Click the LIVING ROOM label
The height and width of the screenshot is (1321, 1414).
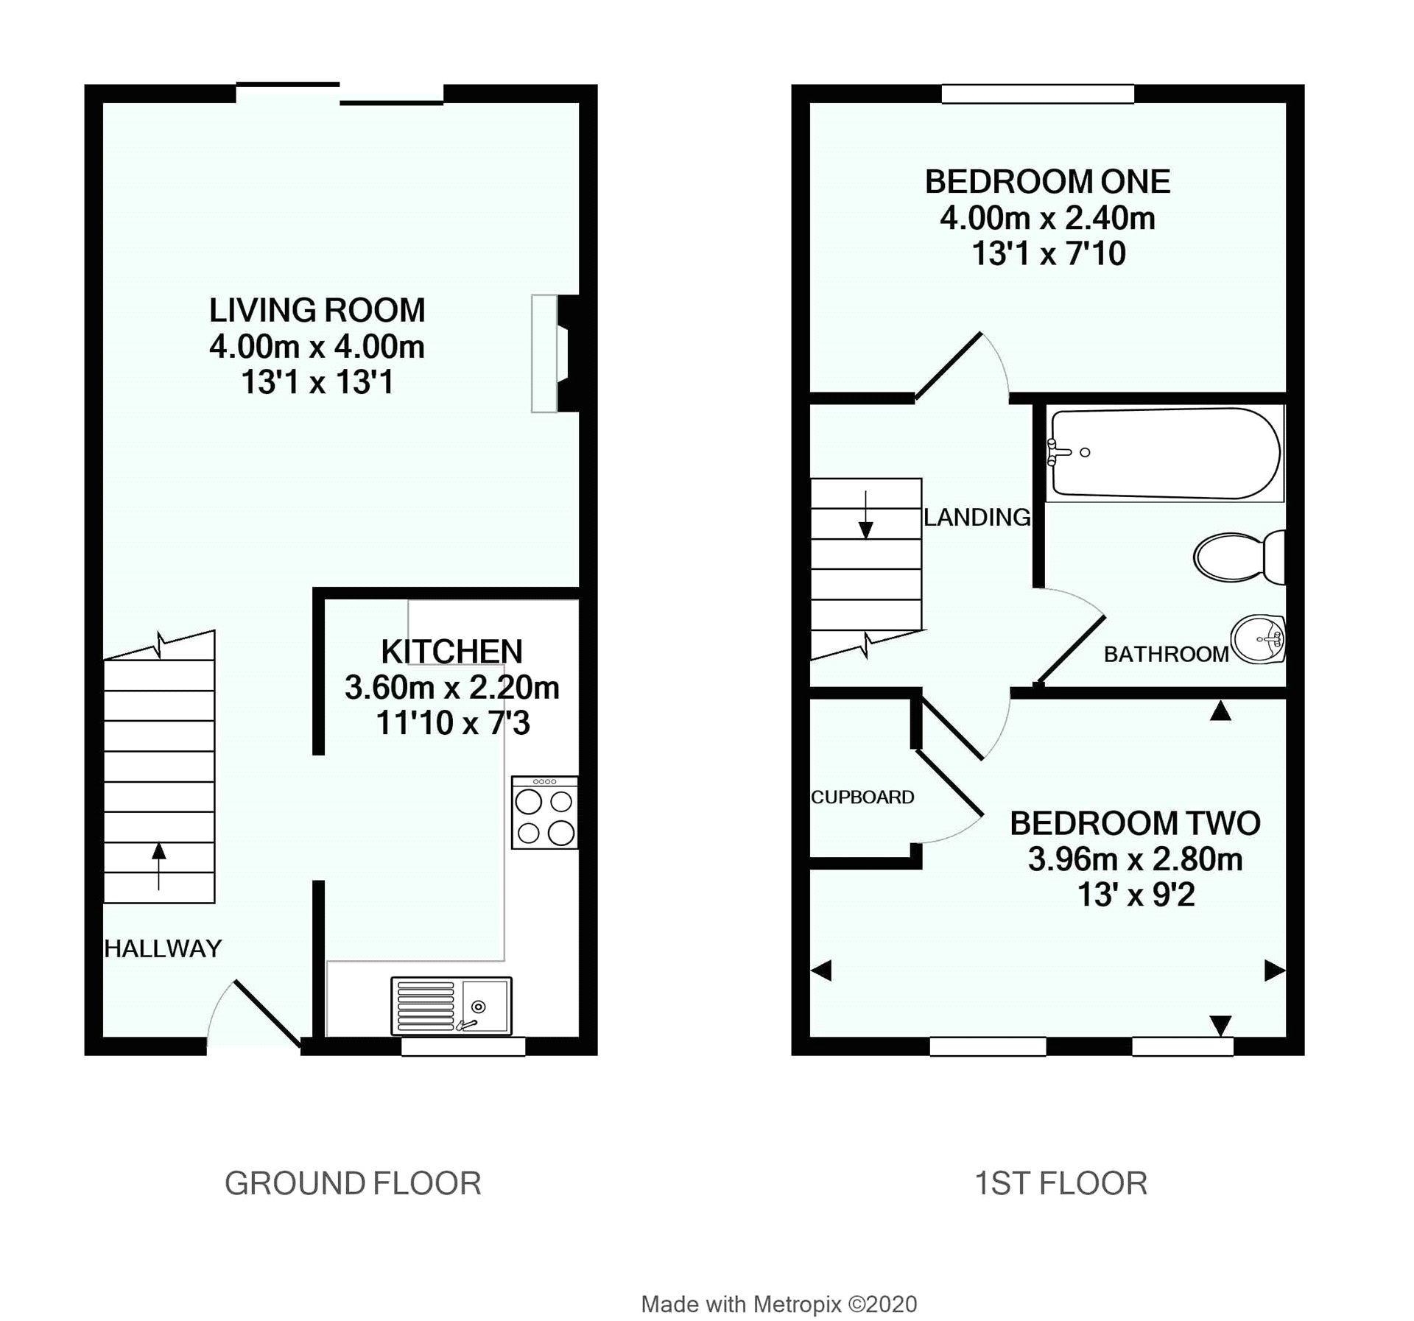coord(317,310)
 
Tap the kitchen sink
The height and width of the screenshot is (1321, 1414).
coord(451,1006)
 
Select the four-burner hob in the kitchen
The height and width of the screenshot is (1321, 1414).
coord(545,812)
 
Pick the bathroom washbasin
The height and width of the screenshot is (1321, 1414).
coord(1259,640)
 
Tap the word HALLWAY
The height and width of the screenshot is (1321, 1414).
coord(163,948)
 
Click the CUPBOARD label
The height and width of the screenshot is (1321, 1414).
coord(862,797)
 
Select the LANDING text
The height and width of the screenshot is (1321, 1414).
coord(977,517)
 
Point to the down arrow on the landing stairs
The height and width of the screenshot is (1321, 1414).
coord(866,515)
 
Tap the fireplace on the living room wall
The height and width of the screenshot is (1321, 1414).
coord(555,353)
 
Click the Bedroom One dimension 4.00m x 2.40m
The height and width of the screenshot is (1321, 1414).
coord(1048,218)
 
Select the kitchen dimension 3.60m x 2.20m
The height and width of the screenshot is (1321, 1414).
coord(452,687)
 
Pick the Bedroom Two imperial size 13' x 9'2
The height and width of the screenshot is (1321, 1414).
coord(1136,895)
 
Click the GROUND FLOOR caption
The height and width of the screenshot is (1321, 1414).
coord(353,1183)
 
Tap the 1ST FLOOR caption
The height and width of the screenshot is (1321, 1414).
coord(1061,1183)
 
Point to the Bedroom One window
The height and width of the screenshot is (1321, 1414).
coord(1038,94)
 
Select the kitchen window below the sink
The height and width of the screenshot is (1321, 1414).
coord(463,1046)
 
